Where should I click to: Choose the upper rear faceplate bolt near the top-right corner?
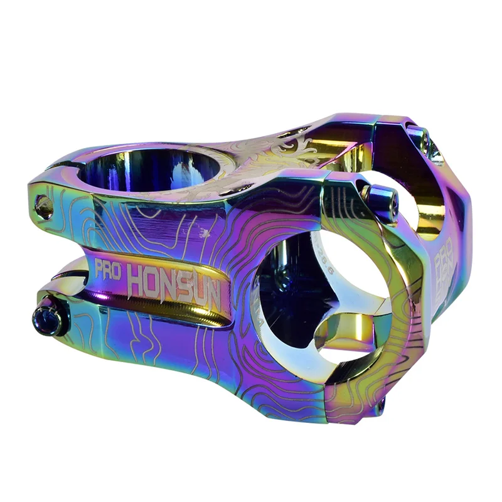[422, 138]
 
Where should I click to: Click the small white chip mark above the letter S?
[203, 233]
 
